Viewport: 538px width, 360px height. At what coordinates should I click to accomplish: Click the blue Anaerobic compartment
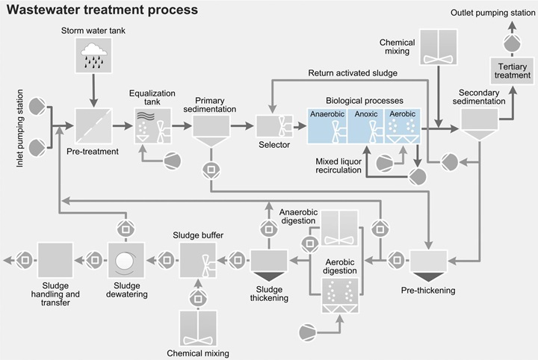(x=329, y=125)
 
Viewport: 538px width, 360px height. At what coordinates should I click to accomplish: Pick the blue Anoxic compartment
(x=366, y=125)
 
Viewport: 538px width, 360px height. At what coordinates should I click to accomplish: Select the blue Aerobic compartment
(x=402, y=125)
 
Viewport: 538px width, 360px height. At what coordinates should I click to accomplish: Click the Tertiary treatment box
(x=511, y=71)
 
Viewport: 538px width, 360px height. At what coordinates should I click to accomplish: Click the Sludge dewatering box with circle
(x=125, y=261)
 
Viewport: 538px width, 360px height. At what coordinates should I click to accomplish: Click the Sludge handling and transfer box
(x=55, y=261)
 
